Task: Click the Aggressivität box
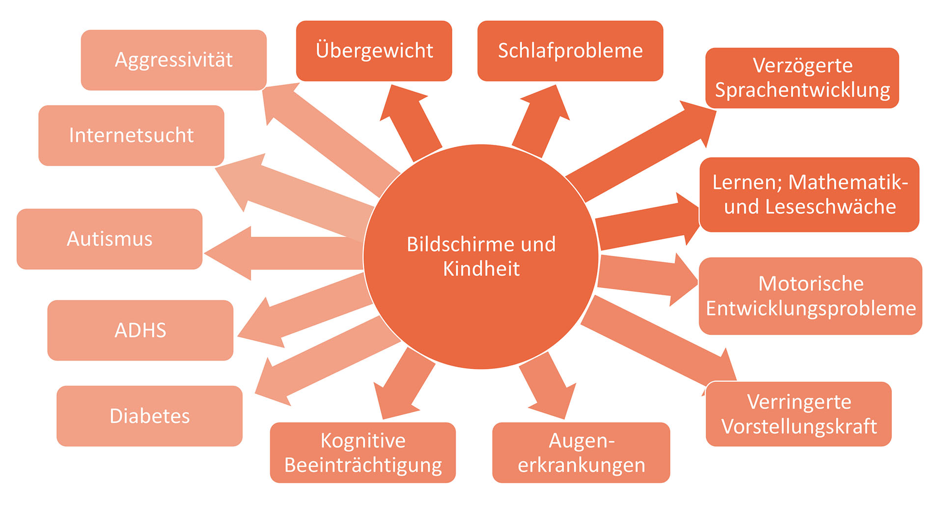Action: (x=173, y=60)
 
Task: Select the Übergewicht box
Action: (x=374, y=51)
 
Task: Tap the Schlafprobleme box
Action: (x=570, y=51)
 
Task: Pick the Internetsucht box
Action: (x=131, y=135)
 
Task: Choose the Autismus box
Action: (x=110, y=239)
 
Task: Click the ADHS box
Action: (x=140, y=330)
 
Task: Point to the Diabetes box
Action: (x=149, y=416)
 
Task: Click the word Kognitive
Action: (x=363, y=441)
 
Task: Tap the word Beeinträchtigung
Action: (x=363, y=465)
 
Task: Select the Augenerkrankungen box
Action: (x=581, y=452)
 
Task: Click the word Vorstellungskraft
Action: (x=799, y=426)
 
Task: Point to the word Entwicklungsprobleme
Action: (x=810, y=309)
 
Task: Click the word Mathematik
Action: (x=848, y=182)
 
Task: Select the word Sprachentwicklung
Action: (x=802, y=90)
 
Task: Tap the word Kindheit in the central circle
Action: (x=481, y=269)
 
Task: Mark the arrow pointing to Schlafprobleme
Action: (x=540, y=120)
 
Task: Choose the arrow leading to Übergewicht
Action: (x=410, y=120)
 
